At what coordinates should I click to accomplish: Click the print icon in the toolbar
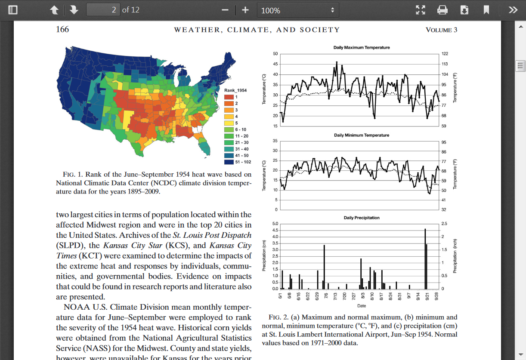click(442, 10)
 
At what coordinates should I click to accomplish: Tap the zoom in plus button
click(245, 10)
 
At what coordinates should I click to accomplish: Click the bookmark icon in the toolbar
click(486, 10)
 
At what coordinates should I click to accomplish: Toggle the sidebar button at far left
click(13, 10)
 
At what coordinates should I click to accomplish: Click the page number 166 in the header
click(62, 29)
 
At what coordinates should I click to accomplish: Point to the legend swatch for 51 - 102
click(229, 162)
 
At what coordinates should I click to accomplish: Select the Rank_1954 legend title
click(235, 90)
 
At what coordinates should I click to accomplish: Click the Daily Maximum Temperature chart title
click(362, 47)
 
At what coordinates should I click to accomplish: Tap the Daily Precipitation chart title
click(362, 218)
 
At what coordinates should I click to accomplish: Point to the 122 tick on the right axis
click(445, 54)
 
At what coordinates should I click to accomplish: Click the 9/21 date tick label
click(427, 296)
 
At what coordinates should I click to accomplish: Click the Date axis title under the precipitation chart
click(362, 306)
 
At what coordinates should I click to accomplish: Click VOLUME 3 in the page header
click(441, 30)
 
